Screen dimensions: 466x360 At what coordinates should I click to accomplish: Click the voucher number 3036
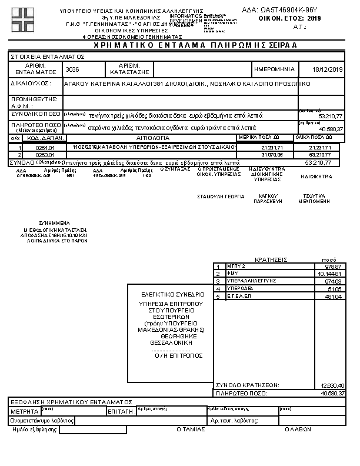pyautogui.click(x=72, y=69)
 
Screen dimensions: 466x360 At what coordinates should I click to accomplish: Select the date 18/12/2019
pyautogui.click(x=328, y=69)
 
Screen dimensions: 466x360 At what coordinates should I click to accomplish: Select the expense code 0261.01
pyautogui.click(x=45, y=147)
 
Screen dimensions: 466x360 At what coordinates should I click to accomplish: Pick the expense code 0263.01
pyautogui.click(x=45, y=154)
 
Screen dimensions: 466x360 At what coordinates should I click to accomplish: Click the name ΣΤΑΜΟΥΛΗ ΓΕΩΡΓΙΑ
pyautogui.click(x=221, y=197)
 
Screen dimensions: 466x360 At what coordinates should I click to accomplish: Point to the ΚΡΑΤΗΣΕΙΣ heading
pyautogui.click(x=271, y=259)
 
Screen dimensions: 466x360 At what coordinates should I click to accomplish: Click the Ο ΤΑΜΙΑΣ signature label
pyautogui.click(x=191, y=430)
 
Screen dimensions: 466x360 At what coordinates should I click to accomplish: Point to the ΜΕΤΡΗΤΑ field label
pyautogui.click(x=25, y=411)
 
